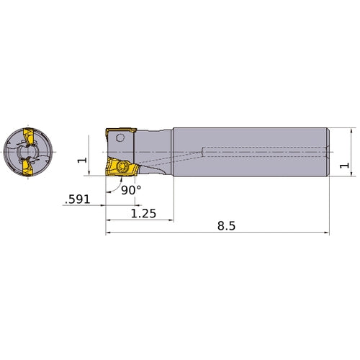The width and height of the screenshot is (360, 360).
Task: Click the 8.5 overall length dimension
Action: click(x=226, y=225)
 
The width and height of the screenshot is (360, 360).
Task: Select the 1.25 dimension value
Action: click(x=140, y=213)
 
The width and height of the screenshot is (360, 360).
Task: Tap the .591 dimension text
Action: click(x=76, y=199)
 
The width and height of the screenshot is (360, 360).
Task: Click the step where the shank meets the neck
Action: click(x=173, y=152)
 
